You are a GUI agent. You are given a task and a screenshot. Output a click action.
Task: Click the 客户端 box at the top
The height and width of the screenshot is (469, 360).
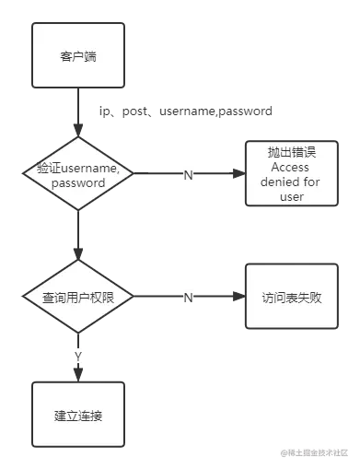[77, 56]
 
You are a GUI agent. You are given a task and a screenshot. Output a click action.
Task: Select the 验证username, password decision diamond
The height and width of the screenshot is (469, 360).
[77, 172]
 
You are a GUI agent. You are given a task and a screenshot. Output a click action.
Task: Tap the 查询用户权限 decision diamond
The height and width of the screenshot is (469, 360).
[77, 298]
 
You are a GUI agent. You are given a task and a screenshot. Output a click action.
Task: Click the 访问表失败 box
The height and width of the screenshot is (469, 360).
[291, 298]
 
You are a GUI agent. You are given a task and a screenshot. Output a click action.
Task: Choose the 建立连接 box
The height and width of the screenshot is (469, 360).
[77, 416]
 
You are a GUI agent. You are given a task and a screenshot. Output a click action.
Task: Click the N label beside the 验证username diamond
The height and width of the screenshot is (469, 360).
[188, 173]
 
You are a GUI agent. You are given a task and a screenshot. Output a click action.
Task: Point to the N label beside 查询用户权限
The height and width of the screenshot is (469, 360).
[188, 298]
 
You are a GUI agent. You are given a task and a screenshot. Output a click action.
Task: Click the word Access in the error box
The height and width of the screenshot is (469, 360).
[291, 167]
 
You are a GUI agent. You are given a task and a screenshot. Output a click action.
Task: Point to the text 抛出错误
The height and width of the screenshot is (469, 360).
[291, 153]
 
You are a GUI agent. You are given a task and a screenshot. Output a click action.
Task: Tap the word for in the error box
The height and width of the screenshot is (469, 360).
[312, 182]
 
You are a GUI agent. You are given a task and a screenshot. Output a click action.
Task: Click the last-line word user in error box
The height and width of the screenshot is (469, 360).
[291, 195]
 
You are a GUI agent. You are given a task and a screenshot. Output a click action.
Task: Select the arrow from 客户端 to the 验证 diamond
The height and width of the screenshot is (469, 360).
[77, 114]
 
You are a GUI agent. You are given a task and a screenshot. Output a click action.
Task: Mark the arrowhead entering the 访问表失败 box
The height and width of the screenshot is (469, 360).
[238, 298]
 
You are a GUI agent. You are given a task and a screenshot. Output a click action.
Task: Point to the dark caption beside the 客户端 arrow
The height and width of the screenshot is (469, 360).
[184, 111]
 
